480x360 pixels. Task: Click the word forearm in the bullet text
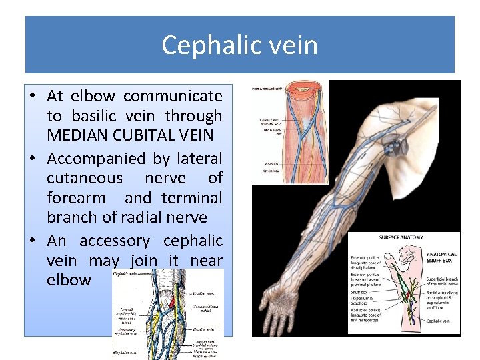[x=76, y=198]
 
